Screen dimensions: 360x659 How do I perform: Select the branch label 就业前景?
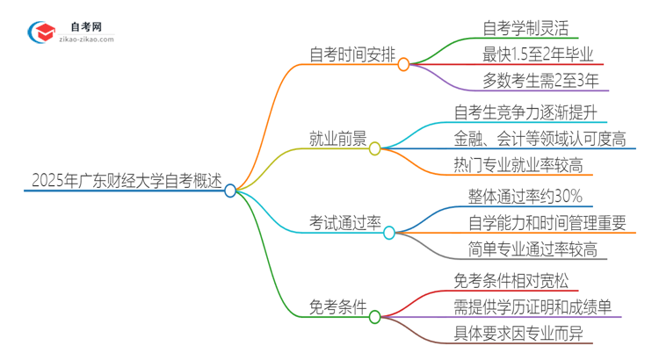pos(337,140)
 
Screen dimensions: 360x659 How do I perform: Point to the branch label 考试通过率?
pos(344,223)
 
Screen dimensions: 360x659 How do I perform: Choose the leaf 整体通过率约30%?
pos(525,195)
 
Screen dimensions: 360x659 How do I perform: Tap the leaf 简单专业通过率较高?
pos(532,251)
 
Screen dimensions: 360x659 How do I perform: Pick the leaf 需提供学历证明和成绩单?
pos(539,307)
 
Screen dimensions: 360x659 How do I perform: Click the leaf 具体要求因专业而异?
pos(525,335)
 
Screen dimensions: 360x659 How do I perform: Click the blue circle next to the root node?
pos(230,191)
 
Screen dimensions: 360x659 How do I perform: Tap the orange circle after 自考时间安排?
pos(403,64)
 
